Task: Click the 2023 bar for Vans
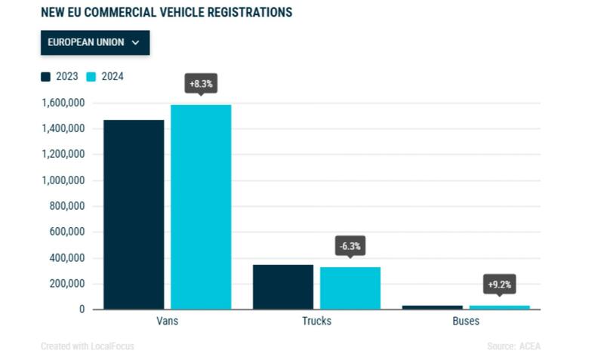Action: click(134, 214)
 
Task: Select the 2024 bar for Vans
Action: click(201, 207)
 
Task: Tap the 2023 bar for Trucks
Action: click(283, 287)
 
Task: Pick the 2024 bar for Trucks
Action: click(350, 288)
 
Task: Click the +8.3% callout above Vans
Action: click(201, 83)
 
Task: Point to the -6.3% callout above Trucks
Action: click(350, 246)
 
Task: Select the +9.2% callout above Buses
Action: click(499, 285)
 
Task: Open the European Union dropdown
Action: click(95, 43)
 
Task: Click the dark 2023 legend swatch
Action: click(46, 77)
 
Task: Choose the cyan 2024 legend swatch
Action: click(91, 77)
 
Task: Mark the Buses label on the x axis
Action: click(466, 321)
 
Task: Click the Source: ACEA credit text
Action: click(514, 346)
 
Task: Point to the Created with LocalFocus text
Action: click(88, 346)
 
